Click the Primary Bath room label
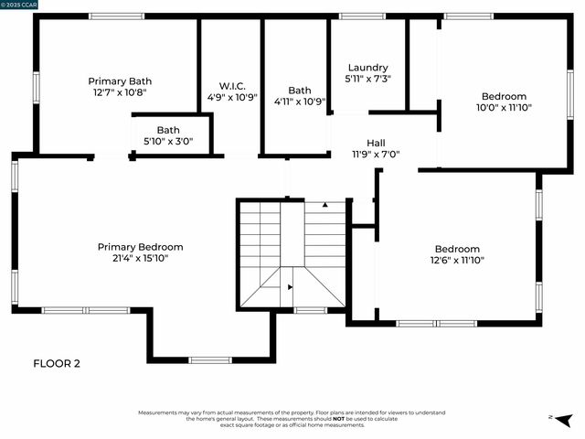click(120, 80)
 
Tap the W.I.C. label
click(231, 85)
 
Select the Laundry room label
click(368, 68)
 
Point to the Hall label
click(376, 143)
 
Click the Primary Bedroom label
click(141, 247)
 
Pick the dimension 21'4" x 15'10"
click(141, 258)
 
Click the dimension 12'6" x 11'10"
click(457, 260)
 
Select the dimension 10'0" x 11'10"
click(505, 107)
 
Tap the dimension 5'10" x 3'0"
click(168, 141)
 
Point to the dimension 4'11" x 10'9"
click(300, 102)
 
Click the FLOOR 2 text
click(57, 363)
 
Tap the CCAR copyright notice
click(19, 5)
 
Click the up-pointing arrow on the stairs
click(324, 205)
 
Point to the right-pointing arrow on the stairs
click(291, 287)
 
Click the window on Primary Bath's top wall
click(117, 16)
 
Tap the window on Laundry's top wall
click(368, 16)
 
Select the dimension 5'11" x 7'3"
click(368, 79)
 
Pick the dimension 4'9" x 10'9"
click(231, 96)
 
